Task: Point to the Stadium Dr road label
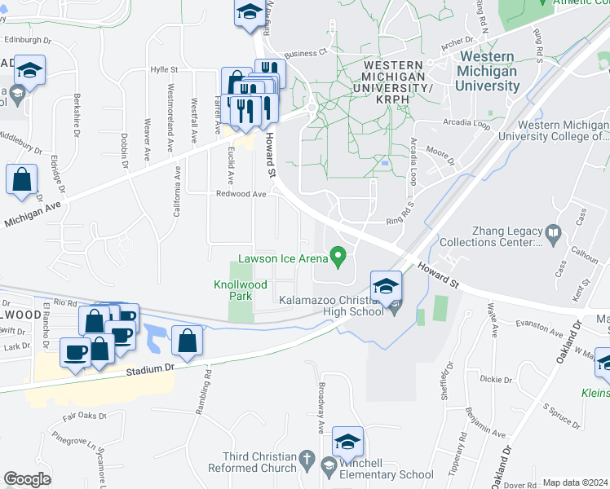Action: coord(151,369)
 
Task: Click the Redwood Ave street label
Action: coord(241,194)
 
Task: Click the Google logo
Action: coord(27,480)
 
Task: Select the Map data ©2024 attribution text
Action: coord(575,482)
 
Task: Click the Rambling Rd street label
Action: coord(209,390)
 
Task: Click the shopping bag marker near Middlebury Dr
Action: coord(22,179)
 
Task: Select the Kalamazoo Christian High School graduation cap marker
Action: coord(386,286)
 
